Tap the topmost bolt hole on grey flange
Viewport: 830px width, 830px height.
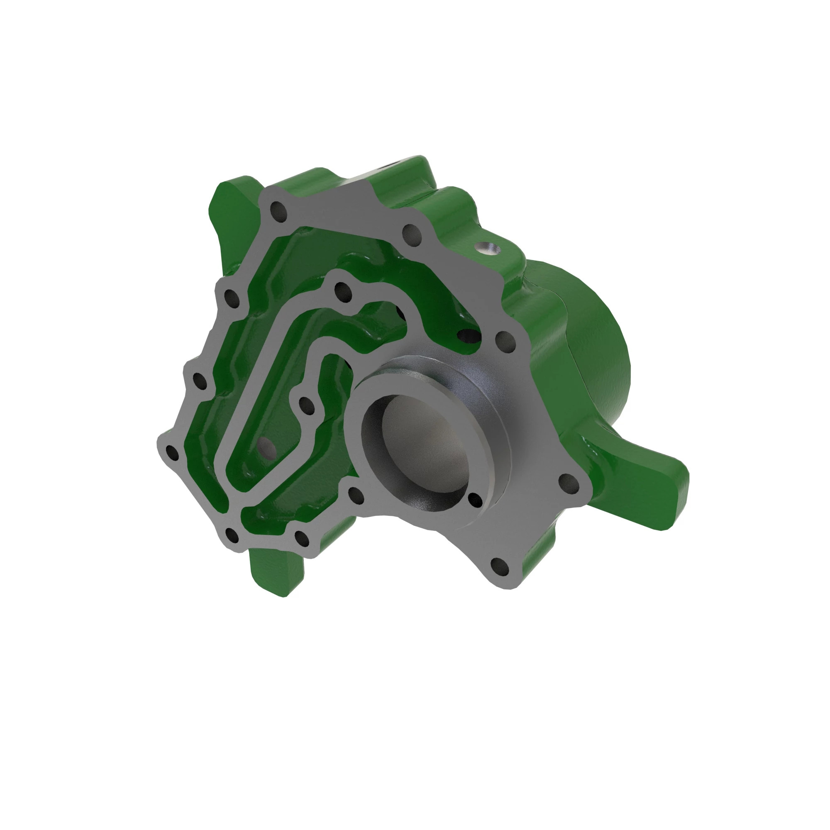[x=280, y=212]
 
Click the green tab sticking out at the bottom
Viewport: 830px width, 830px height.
[x=276, y=569]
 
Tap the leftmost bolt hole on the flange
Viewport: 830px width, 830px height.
[x=172, y=452]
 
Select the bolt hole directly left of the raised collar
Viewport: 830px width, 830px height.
[x=306, y=405]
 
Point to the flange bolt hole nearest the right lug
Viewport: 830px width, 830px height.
[x=568, y=481]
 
